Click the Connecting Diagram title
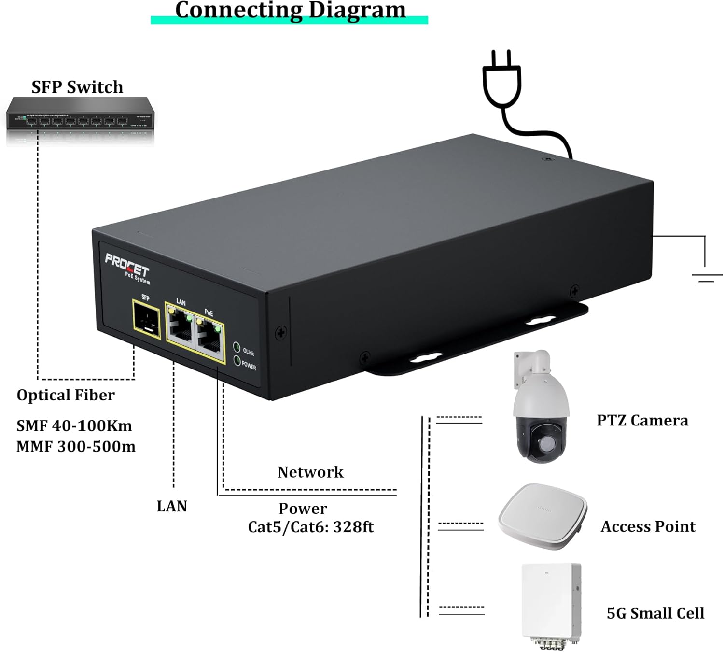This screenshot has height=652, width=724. click(x=290, y=10)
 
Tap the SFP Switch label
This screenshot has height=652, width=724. click(x=77, y=87)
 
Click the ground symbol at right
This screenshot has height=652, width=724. click(x=706, y=277)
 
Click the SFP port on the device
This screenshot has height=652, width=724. click(x=146, y=318)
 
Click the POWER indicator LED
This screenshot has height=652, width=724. click(x=237, y=360)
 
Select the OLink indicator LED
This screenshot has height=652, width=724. click(x=237, y=347)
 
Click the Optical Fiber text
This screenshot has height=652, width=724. click(x=66, y=395)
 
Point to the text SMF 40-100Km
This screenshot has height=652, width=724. click(x=74, y=425)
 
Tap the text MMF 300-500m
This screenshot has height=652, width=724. click(x=76, y=446)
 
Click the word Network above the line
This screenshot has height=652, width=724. click(x=310, y=472)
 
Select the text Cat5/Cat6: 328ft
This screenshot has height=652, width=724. click(x=310, y=526)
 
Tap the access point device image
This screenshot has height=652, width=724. click(x=542, y=516)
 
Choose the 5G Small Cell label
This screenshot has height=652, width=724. click(x=655, y=613)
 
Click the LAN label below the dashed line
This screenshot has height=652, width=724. click(x=172, y=506)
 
